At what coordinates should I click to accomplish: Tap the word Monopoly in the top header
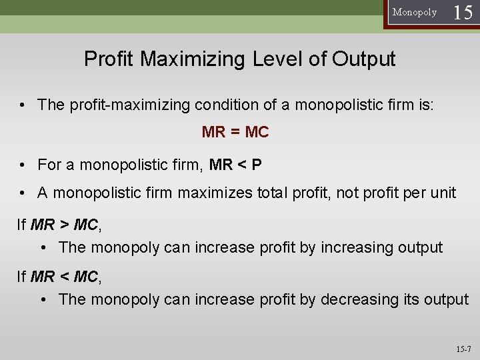click(x=415, y=13)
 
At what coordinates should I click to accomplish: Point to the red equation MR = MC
click(x=235, y=133)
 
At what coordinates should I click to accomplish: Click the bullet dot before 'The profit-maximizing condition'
click(x=23, y=105)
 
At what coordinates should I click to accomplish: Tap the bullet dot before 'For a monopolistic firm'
click(x=23, y=163)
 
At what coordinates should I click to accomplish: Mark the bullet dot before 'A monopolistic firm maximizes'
click(x=23, y=193)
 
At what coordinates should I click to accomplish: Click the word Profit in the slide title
click(x=109, y=59)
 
